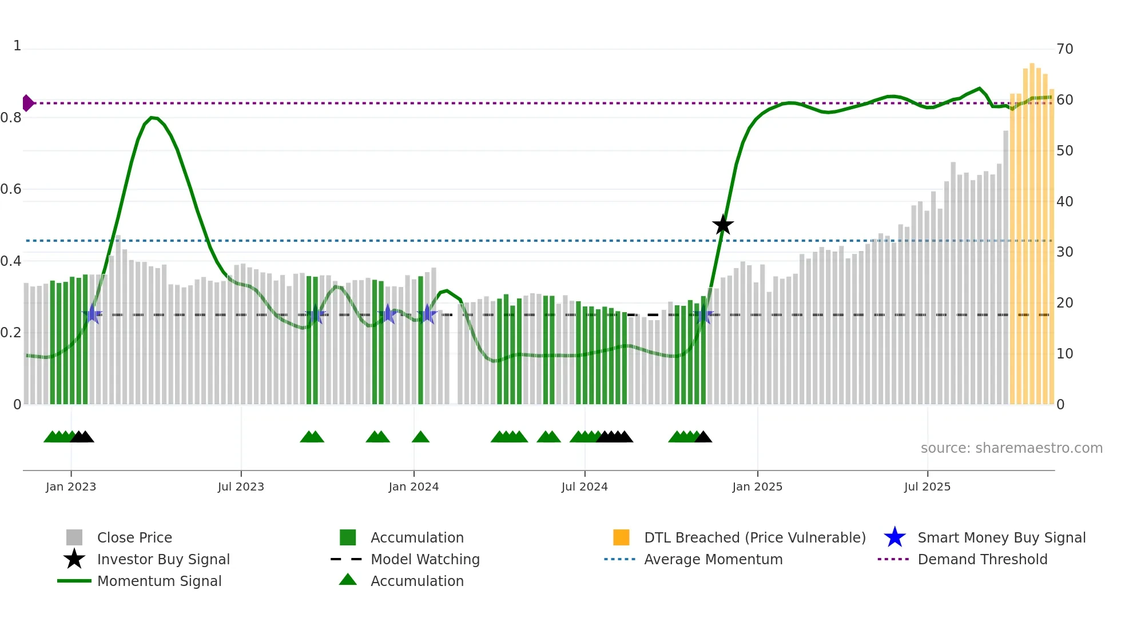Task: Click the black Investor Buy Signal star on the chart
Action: click(x=723, y=225)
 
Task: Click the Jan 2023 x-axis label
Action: click(x=71, y=487)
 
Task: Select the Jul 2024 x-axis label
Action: click(x=585, y=487)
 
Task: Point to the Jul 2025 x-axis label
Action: click(x=927, y=487)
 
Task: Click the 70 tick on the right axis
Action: click(x=1064, y=49)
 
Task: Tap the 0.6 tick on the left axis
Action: click(x=11, y=189)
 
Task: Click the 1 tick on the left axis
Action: click(x=17, y=46)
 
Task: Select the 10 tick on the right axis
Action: click(x=1064, y=354)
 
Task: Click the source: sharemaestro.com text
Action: click(x=1011, y=448)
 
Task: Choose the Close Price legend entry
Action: click(x=134, y=537)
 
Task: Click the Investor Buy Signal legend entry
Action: click(x=163, y=559)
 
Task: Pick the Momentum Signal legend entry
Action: click(x=159, y=581)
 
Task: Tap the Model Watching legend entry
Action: click(x=425, y=559)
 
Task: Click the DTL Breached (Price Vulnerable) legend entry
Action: click(x=754, y=537)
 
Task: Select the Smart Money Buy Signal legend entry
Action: click(x=1001, y=537)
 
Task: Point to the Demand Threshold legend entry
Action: click(x=982, y=559)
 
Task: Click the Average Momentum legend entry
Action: click(x=713, y=559)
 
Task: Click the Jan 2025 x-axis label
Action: click(x=757, y=487)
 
